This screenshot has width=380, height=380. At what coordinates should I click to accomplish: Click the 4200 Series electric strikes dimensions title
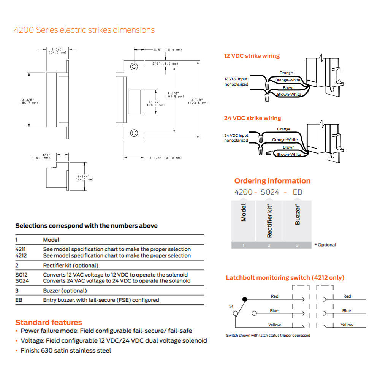[84, 30]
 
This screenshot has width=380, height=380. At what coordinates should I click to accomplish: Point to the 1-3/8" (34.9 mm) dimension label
[57, 50]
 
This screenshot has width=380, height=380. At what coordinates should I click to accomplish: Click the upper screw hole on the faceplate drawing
[134, 66]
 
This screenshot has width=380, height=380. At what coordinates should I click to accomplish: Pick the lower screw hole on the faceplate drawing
[134, 133]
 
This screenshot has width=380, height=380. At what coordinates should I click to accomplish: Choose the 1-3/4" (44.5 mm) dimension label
[85, 178]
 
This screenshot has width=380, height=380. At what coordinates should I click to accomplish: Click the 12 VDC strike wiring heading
[252, 56]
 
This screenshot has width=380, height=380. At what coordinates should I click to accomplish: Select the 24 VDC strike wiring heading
[252, 118]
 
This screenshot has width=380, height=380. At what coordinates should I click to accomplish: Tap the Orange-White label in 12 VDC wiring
[288, 80]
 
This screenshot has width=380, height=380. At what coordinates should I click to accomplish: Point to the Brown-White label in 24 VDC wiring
[289, 154]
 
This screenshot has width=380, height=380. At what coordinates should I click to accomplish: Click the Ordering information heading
[272, 181]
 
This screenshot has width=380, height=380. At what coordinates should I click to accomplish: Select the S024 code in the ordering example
[270, 192]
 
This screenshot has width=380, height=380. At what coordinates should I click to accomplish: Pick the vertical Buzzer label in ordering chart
[298, 215]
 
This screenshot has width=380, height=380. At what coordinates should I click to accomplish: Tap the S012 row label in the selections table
[21, 275]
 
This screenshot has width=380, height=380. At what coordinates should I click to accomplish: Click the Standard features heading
[49, 323]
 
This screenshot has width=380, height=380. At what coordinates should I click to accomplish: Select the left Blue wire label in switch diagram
[274, 310]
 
